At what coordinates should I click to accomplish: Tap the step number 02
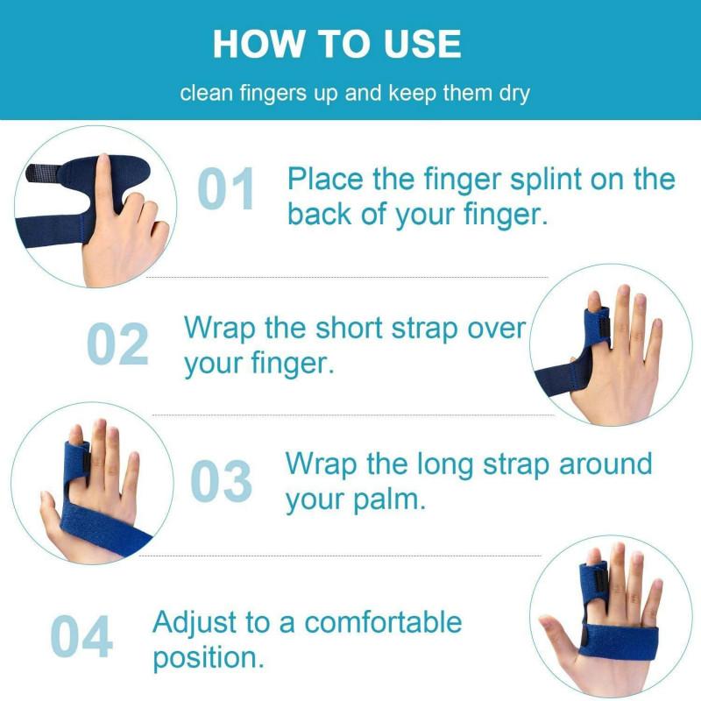tap(117, 344)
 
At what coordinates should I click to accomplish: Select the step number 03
tap(221, 481)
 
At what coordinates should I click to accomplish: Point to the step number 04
tap(81, 636)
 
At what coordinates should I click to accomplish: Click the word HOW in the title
tap(254, 44)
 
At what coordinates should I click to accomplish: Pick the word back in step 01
tap(320, 214)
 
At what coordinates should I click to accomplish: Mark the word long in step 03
tap(428, 464)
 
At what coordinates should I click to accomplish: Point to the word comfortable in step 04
tap(383, 623)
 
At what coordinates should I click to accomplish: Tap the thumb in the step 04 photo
tap(556, 633)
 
